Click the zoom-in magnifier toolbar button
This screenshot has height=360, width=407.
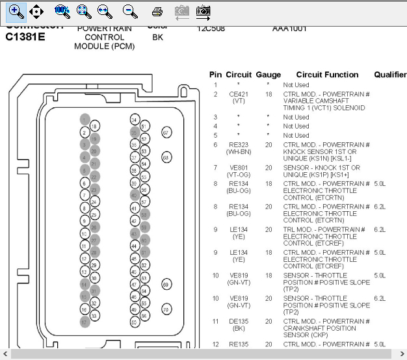17,11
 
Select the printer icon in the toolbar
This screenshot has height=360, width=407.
157,11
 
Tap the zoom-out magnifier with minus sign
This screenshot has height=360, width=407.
130,11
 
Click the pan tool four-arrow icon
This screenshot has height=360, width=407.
37,11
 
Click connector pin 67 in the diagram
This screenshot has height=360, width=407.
166,133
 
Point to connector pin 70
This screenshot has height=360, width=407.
166,309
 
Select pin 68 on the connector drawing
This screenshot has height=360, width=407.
166,157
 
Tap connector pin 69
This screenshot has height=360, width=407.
166,285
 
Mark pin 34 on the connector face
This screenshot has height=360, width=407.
134,120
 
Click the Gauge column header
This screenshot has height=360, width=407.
268,75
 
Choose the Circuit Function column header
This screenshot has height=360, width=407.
327,75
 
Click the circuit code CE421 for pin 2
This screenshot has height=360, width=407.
239,94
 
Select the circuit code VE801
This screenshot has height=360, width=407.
239,168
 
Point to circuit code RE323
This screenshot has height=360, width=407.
239,144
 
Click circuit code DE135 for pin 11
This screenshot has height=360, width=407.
239,321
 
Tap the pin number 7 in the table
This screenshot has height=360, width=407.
215,168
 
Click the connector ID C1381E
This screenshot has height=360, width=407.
25,37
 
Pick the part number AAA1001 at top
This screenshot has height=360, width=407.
289,29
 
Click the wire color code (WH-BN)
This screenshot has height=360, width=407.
239,151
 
